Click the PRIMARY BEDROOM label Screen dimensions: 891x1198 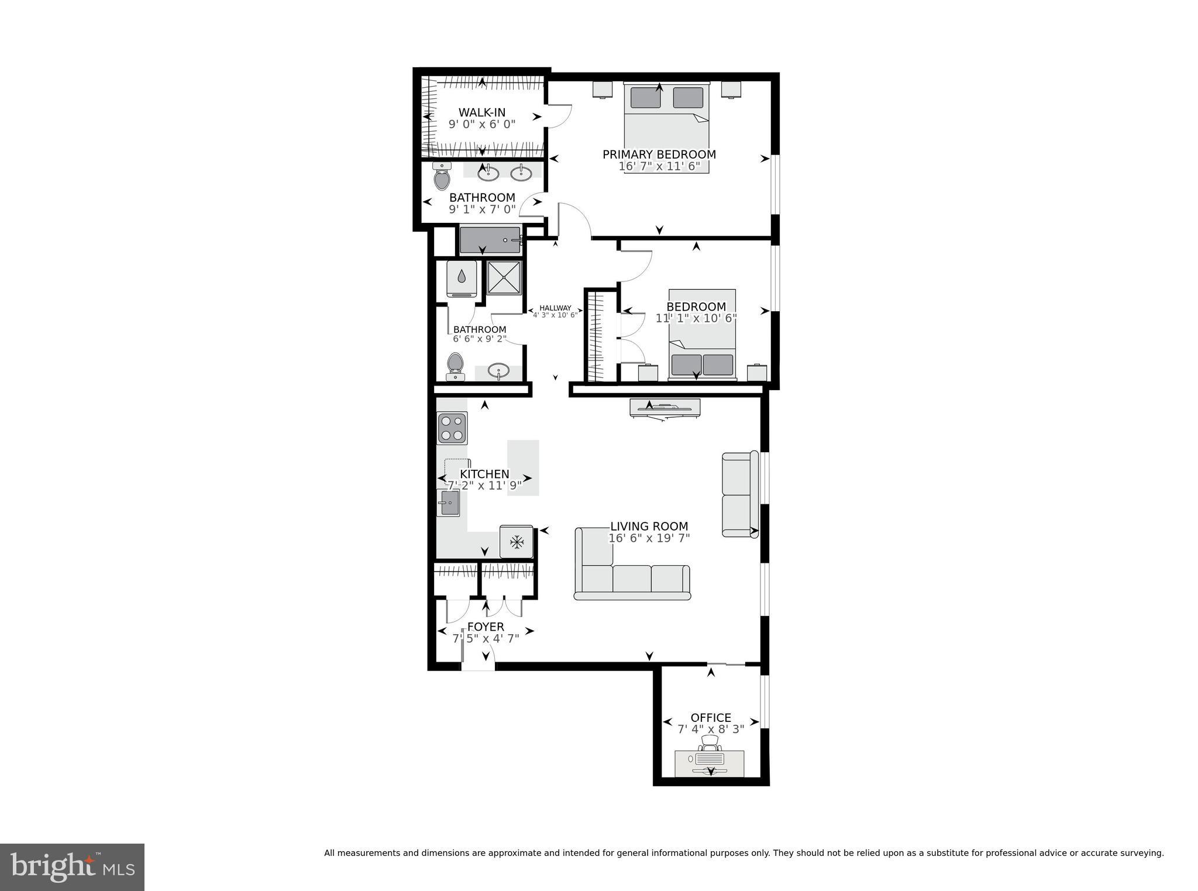pyautogui.click(x=659, y=154)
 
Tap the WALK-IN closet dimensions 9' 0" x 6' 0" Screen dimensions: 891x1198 pyautogui.click(x=481, y=124)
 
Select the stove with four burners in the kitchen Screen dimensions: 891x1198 pyautogui.click(x=452, y=428)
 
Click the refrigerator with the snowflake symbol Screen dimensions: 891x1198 pyautogui.click(x=516, y=542)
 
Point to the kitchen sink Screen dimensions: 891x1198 pyautogui.click(x=449, y=503)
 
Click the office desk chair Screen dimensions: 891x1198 pyautogui.click(x=710, y=743)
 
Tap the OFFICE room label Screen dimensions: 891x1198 pyautogui.click(x=711, y=718)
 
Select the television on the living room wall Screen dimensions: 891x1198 pyautogui.click(x=665, y=407)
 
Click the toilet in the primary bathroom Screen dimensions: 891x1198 pyautogui.click(x=442, y=177)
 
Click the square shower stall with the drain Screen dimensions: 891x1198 pyautogui.click(x=504, y=277)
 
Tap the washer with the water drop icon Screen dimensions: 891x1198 pyautogui.click(x=462, y=277)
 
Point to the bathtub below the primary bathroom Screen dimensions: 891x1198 pyautogui.click(x=490, y=240)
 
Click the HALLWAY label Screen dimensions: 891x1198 pyautogui.click(x=555, y=308)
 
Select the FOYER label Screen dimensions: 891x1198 pyautogui.click(x=486, y=627)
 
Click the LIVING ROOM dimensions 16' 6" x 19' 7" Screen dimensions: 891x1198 pyautogui.click(x=649, y=538)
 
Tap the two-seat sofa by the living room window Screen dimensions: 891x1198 pyautogui.click(x=738, y=494)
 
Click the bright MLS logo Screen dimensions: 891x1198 pyautogui.click(x=72, y=867)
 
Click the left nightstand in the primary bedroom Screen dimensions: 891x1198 pyautogui.click(x=602, y=89)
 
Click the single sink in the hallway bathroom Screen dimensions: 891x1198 pyautogui.click(x=498, y=370)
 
